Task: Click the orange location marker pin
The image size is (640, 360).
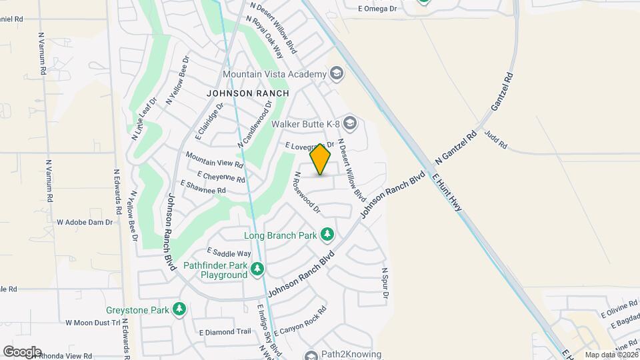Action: coord(321,159)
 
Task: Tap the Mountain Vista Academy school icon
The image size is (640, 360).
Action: coord(337,73)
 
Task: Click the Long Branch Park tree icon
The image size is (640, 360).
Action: coord(327,235)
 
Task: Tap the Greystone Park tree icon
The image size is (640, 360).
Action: coord(178,309)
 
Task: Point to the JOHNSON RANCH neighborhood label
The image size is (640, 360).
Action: coord(248,93)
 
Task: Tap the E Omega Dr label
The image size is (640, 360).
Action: coord(377,9)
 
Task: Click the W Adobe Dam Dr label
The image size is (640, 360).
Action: coord(85,222)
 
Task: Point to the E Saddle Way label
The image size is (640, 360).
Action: coord(229,253)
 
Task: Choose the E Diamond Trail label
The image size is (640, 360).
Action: coord(225,331)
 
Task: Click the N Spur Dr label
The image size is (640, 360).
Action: coord(385,283)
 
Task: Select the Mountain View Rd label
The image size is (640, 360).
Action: coord(215,159)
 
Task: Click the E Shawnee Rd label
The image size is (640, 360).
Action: coord(203,187)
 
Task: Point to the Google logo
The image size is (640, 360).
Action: coord(22,352)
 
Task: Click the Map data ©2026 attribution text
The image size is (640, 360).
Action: coord(611,355)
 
